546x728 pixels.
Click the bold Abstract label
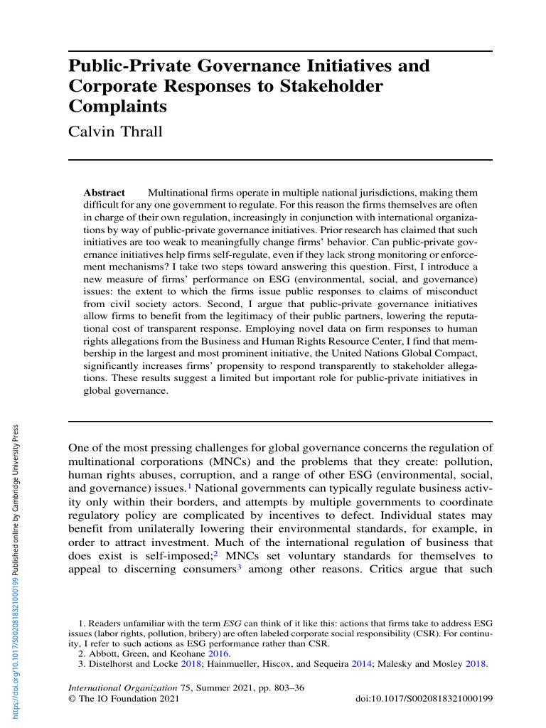click(x=104, y=193)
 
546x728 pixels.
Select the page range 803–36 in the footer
click(x=289, y=689)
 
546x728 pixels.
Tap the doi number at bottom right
click(x=423, y=700)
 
